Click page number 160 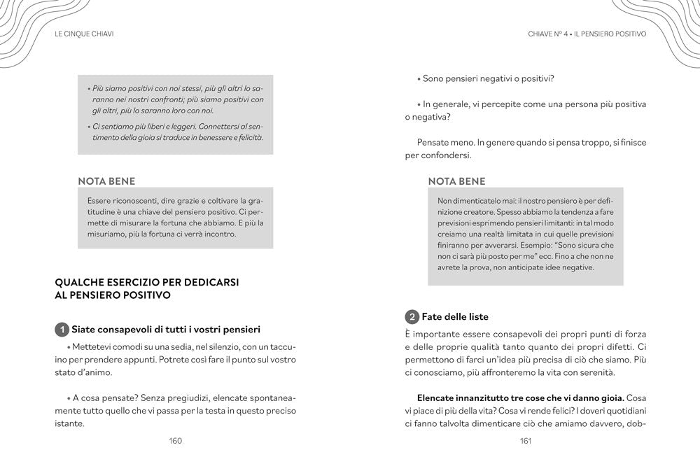[175, 441]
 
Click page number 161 [526, 441]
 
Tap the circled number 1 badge [62, 330]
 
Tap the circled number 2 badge [412, 317]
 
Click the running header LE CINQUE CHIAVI [84, 34]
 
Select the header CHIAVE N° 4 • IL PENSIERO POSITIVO [587, 34]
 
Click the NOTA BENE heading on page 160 [106, 181]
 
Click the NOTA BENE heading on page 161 [456, 181]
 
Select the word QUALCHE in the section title [78, 281]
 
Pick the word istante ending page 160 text [69, 423]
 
